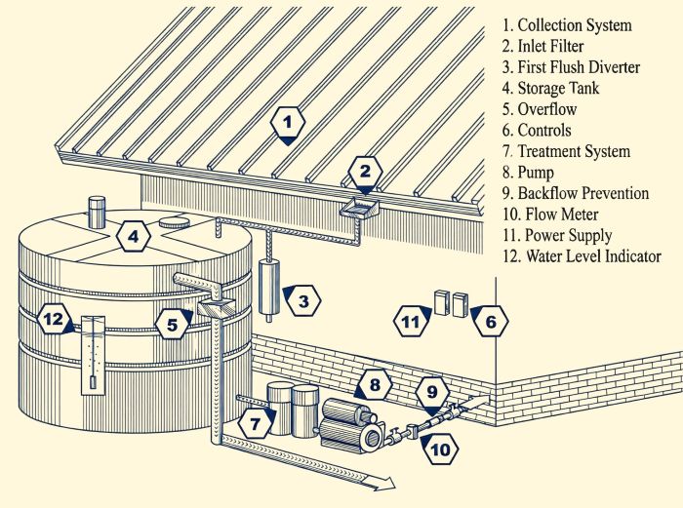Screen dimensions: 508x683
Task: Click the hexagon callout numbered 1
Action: tap(286, 124)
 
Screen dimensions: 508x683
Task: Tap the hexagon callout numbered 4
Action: tap(135, 236)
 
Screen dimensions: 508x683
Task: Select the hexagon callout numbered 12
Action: tap(55, 318)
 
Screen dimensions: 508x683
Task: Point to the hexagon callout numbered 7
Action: tap(256, 422)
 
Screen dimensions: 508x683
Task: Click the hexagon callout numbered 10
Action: tap(440, 449)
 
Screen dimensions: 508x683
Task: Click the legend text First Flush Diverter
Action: tap(571, 67)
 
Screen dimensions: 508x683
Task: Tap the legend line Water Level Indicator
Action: tap(580, 256)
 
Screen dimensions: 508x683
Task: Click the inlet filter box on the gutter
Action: tap(358, 206)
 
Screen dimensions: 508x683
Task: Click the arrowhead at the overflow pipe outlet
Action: tap(388, 482)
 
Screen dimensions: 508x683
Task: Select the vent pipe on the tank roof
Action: tap(97, 209)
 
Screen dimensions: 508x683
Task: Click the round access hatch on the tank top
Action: tap(175, 221)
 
